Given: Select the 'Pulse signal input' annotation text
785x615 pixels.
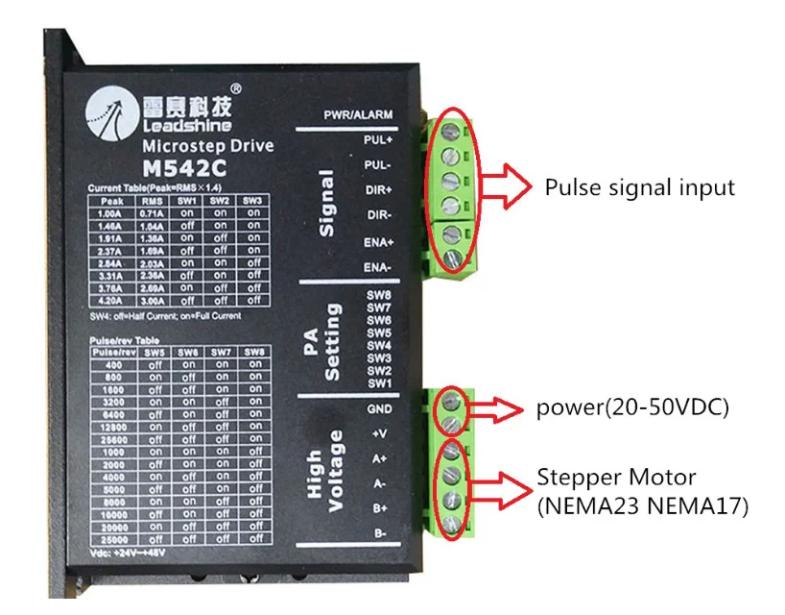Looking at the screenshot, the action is coord(639,187).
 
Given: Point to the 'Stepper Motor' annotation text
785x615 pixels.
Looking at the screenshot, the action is coord(616,477).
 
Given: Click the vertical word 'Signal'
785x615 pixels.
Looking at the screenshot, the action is coord(326,204).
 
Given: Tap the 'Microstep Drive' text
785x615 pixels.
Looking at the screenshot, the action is coord(207,146).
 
